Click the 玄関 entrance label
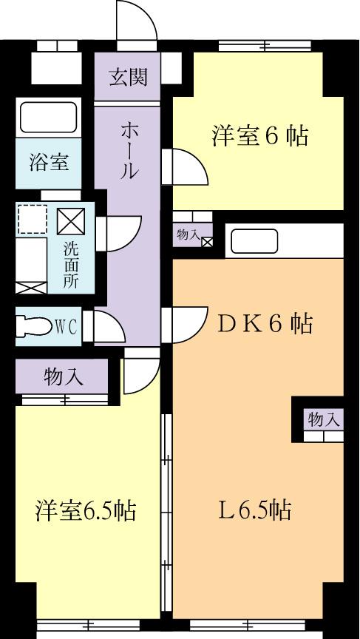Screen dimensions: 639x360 tap(129, 78)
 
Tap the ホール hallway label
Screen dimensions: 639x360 tap(129, 152)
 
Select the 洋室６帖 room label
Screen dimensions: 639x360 tap(259, 137)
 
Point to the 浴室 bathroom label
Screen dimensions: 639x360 tap(50, 162)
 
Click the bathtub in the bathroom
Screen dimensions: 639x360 tap(49, 118)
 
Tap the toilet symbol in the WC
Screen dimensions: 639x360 tap(35, 325)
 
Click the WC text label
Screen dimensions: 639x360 tap(68, 325)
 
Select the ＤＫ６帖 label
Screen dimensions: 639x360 tap(262, 323)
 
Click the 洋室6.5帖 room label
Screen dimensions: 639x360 tap(86, 510)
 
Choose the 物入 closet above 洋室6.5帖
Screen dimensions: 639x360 tap(64, 378)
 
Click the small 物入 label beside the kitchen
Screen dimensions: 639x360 tap(188, 234)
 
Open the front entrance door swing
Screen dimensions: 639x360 tap(137, 20)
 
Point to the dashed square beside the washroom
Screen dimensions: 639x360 tap(33, 220)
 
